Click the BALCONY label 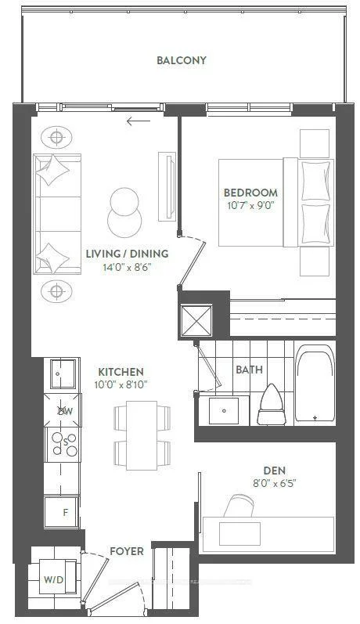tap(182, 60)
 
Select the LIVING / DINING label tap(127, 254)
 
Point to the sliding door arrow tap(139, 121)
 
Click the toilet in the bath tap(271, 404)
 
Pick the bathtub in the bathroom tap(315, 383)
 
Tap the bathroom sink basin tap(224, 410)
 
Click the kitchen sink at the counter tap(63, 374)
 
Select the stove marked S tap(63, 444)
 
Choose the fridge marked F tap(62, 513)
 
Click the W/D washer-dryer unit tap(59, 579)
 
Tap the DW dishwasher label tap(66, 411)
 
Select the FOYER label tap(127, 551)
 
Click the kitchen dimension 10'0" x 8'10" tap(121, 385)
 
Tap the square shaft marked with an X tap(196, 320)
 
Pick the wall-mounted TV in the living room tap(167, 186)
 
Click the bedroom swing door tap(192, 262)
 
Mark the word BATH tap(250, 370)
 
